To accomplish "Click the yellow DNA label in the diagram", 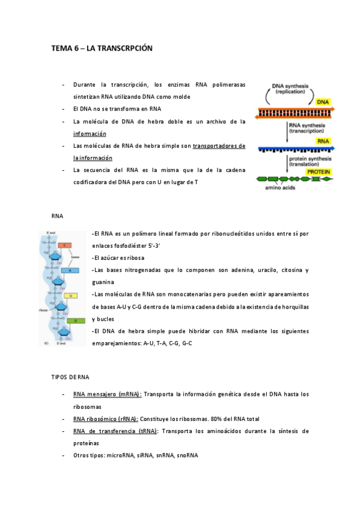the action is pyautogui.click(x=323, y=102).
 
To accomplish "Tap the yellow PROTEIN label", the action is pyautogui.click(x=319, y=172).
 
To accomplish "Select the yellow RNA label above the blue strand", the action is pyautogui.click(x=323, y=140).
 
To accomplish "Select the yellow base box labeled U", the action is pyautogui.click(x=71, y=296).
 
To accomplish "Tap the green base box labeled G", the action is pyautogui.click(x=75, y=321).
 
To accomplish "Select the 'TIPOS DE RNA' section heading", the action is pyautogui.click(x=70, y=377).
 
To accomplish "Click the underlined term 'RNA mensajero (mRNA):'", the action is pyautogui.click(x=107, y=395).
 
